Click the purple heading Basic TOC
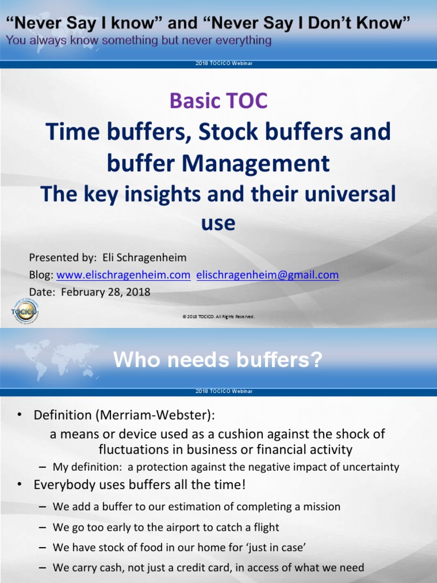click(218, 101)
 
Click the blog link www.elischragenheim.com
click(123, 275)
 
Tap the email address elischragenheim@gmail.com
click(267, 275)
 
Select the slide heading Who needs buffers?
click(218, 360)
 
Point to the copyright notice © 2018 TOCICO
click(218, 317)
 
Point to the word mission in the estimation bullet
click(322, 507)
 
